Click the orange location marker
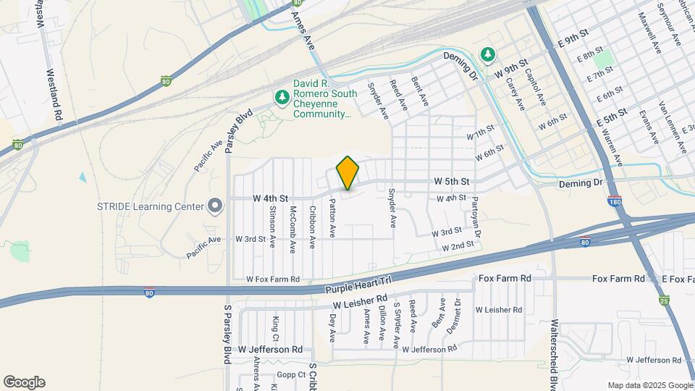click(x=348, y=173)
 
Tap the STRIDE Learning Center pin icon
click(x=214, y=206)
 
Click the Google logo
click(x=24, y=382)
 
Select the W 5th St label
click(x=452, y=180)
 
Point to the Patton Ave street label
click(x=332, y=218)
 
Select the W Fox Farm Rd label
click(x=273, y=279)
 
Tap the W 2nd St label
click(x=458, y=245)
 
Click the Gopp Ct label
click(x=292, y=375)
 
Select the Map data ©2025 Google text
click(x=649, y=385)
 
